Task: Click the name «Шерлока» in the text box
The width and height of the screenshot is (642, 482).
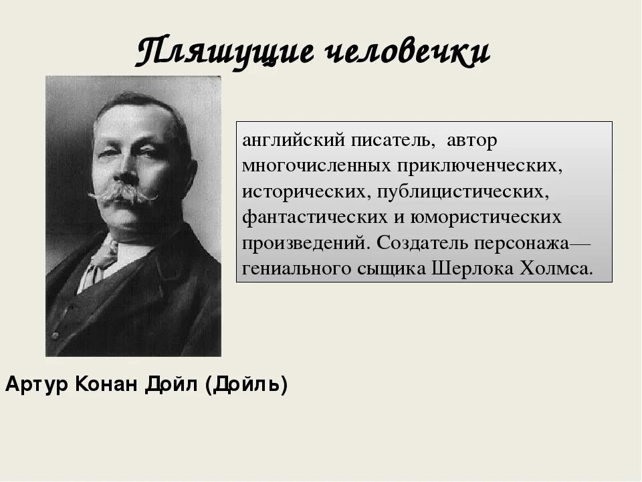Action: [470, 268]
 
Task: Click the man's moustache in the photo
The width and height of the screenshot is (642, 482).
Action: [122, 193]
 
